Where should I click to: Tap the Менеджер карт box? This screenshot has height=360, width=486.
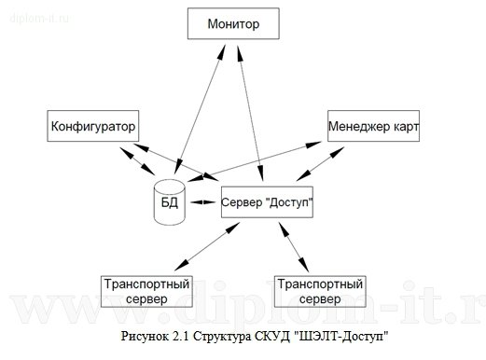tap(372, 125)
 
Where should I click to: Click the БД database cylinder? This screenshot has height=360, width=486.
tap(170, 202)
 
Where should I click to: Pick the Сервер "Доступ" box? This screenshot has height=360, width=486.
tap(266, 202)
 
